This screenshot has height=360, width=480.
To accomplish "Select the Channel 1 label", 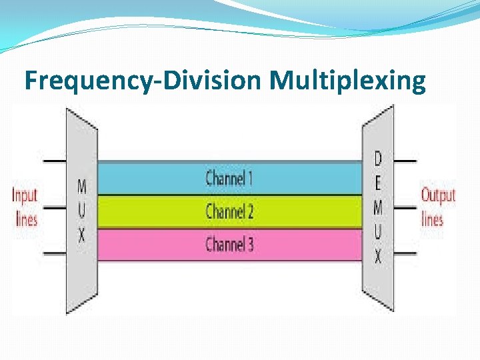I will [x=229, y=178].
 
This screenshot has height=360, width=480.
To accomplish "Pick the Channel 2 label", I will [x=229, y=211].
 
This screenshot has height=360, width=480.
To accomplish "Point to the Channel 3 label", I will [x=229, y=244].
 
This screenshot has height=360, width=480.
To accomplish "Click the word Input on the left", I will [x=25, y=195].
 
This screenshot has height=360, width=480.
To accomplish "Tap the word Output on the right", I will [x=438, y=195].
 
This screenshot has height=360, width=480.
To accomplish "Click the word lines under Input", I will [x=26, y=219].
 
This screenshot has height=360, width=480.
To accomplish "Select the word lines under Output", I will [x=432, y=219].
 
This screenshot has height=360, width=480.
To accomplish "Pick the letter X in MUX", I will [x=81, y=236].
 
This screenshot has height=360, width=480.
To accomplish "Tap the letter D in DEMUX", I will [x=378, y=159].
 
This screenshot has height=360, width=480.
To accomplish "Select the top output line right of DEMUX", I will [x=405, y=161].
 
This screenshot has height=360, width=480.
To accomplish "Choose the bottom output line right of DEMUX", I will [x=405, y=254].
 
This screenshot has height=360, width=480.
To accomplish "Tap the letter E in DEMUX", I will [x=378, y=183].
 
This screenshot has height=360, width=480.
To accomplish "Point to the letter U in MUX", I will [x=81, y=211].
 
